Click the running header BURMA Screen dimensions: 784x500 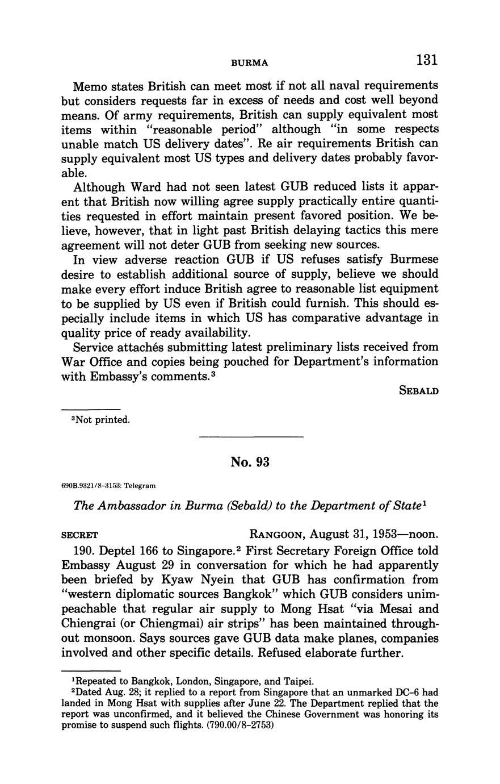(249, 62)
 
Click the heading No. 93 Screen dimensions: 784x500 (250, 462)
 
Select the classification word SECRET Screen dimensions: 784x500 (79, 535)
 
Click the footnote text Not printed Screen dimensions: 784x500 (97, 420)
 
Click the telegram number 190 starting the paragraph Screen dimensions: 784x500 (84, 551)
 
